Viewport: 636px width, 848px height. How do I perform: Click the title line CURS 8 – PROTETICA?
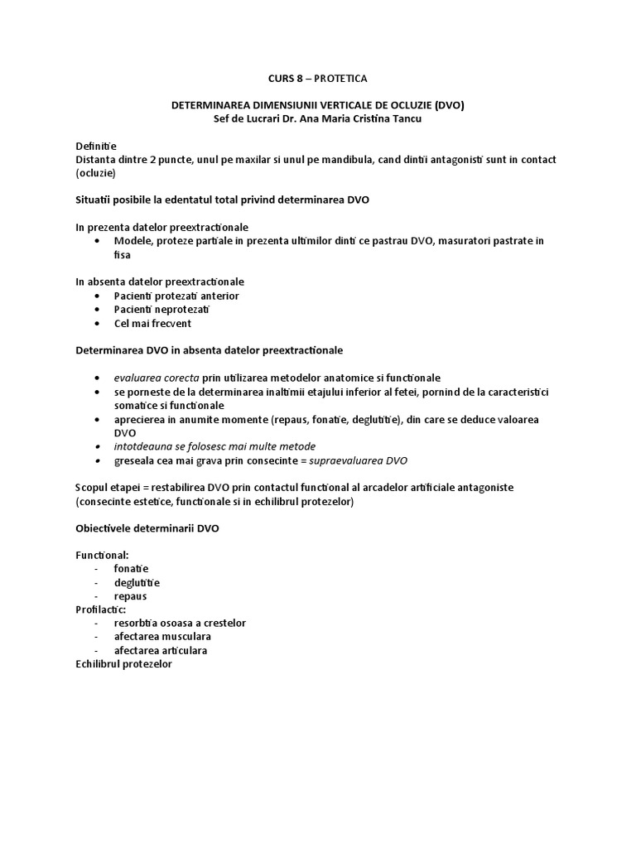317,79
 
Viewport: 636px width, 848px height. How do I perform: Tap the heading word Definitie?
96,146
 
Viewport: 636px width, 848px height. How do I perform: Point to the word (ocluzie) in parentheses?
96,173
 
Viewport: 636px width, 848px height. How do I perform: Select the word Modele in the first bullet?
131,241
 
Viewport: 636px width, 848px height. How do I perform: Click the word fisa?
123,254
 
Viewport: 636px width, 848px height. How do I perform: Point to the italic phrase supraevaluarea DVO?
358,460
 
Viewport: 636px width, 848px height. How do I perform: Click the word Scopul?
93,487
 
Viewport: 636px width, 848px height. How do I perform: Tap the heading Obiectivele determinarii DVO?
147,528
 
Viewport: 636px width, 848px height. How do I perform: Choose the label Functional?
102,555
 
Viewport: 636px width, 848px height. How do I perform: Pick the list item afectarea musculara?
162,637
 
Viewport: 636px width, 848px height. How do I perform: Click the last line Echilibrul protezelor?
123,664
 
